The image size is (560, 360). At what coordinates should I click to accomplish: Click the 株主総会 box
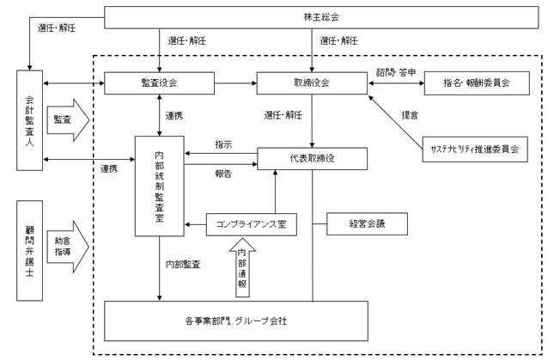321,17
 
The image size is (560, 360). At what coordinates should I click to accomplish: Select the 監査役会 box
159,83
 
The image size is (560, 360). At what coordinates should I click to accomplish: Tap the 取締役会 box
312,83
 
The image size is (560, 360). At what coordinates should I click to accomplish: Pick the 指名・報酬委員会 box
477,83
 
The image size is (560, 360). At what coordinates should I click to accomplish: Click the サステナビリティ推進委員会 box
475,149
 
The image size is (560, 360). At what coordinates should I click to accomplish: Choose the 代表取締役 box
312,159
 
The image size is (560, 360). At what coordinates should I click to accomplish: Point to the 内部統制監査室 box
159,186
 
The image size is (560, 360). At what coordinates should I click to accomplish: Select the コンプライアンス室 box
252,224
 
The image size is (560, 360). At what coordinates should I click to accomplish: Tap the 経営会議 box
367,224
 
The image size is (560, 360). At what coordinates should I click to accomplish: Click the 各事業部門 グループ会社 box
236,321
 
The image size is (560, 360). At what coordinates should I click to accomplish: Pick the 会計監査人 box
30,120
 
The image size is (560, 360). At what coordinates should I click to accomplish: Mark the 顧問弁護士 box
30,251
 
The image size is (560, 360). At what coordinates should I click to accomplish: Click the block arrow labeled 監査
68,120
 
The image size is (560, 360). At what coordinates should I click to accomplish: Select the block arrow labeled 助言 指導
68,247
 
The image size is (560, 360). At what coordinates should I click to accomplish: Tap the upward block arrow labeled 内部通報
242,268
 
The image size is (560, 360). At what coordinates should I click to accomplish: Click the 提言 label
410,115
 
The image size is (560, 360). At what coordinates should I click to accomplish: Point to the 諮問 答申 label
396,72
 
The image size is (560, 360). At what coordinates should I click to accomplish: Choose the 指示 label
223,144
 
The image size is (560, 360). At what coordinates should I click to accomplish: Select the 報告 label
223,174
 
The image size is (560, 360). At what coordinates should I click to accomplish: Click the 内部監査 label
183,265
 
